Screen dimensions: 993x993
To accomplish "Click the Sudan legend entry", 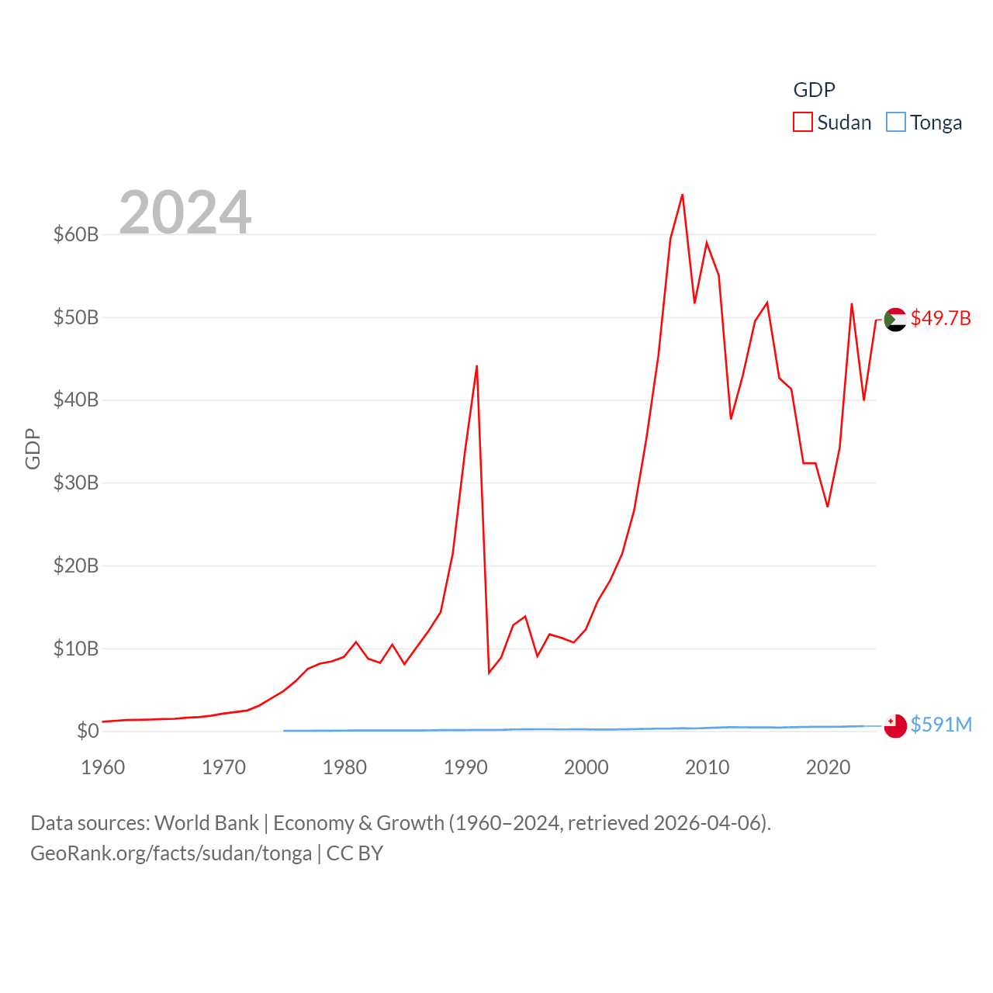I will [x=832, y=123].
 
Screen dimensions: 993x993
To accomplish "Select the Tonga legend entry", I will [x=924, y=123].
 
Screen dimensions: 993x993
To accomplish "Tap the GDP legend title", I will [x=814, y=90].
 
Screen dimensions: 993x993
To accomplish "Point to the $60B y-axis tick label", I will [x=76, y=234].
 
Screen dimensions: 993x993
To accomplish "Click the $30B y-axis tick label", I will [x=76, y=483].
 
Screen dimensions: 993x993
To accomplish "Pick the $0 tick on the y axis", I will [x=88, y=731].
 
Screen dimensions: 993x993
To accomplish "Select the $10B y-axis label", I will [x=76, y=649].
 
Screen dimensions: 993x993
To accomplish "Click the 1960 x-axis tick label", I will [x=103, y=767].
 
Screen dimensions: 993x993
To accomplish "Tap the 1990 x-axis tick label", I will [x=465, y=767].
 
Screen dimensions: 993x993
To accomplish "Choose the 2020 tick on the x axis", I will [x=828, y=767].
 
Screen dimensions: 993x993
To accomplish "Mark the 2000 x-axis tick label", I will [x=586, y=767].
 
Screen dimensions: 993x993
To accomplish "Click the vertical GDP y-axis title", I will [x=33, y=448].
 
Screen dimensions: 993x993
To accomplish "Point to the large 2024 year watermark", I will [x=185, y=212].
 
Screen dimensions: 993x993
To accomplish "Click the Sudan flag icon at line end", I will [x=895, y=319].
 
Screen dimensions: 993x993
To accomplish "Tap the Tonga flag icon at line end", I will [x=895, y=725].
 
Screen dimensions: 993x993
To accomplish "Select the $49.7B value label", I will [x=940, y=319].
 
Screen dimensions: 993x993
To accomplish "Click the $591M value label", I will [x=941, y=725].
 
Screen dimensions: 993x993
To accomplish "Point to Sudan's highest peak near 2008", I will [x=682, y=195].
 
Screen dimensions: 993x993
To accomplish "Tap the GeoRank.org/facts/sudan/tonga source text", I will [x=171, y=853].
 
